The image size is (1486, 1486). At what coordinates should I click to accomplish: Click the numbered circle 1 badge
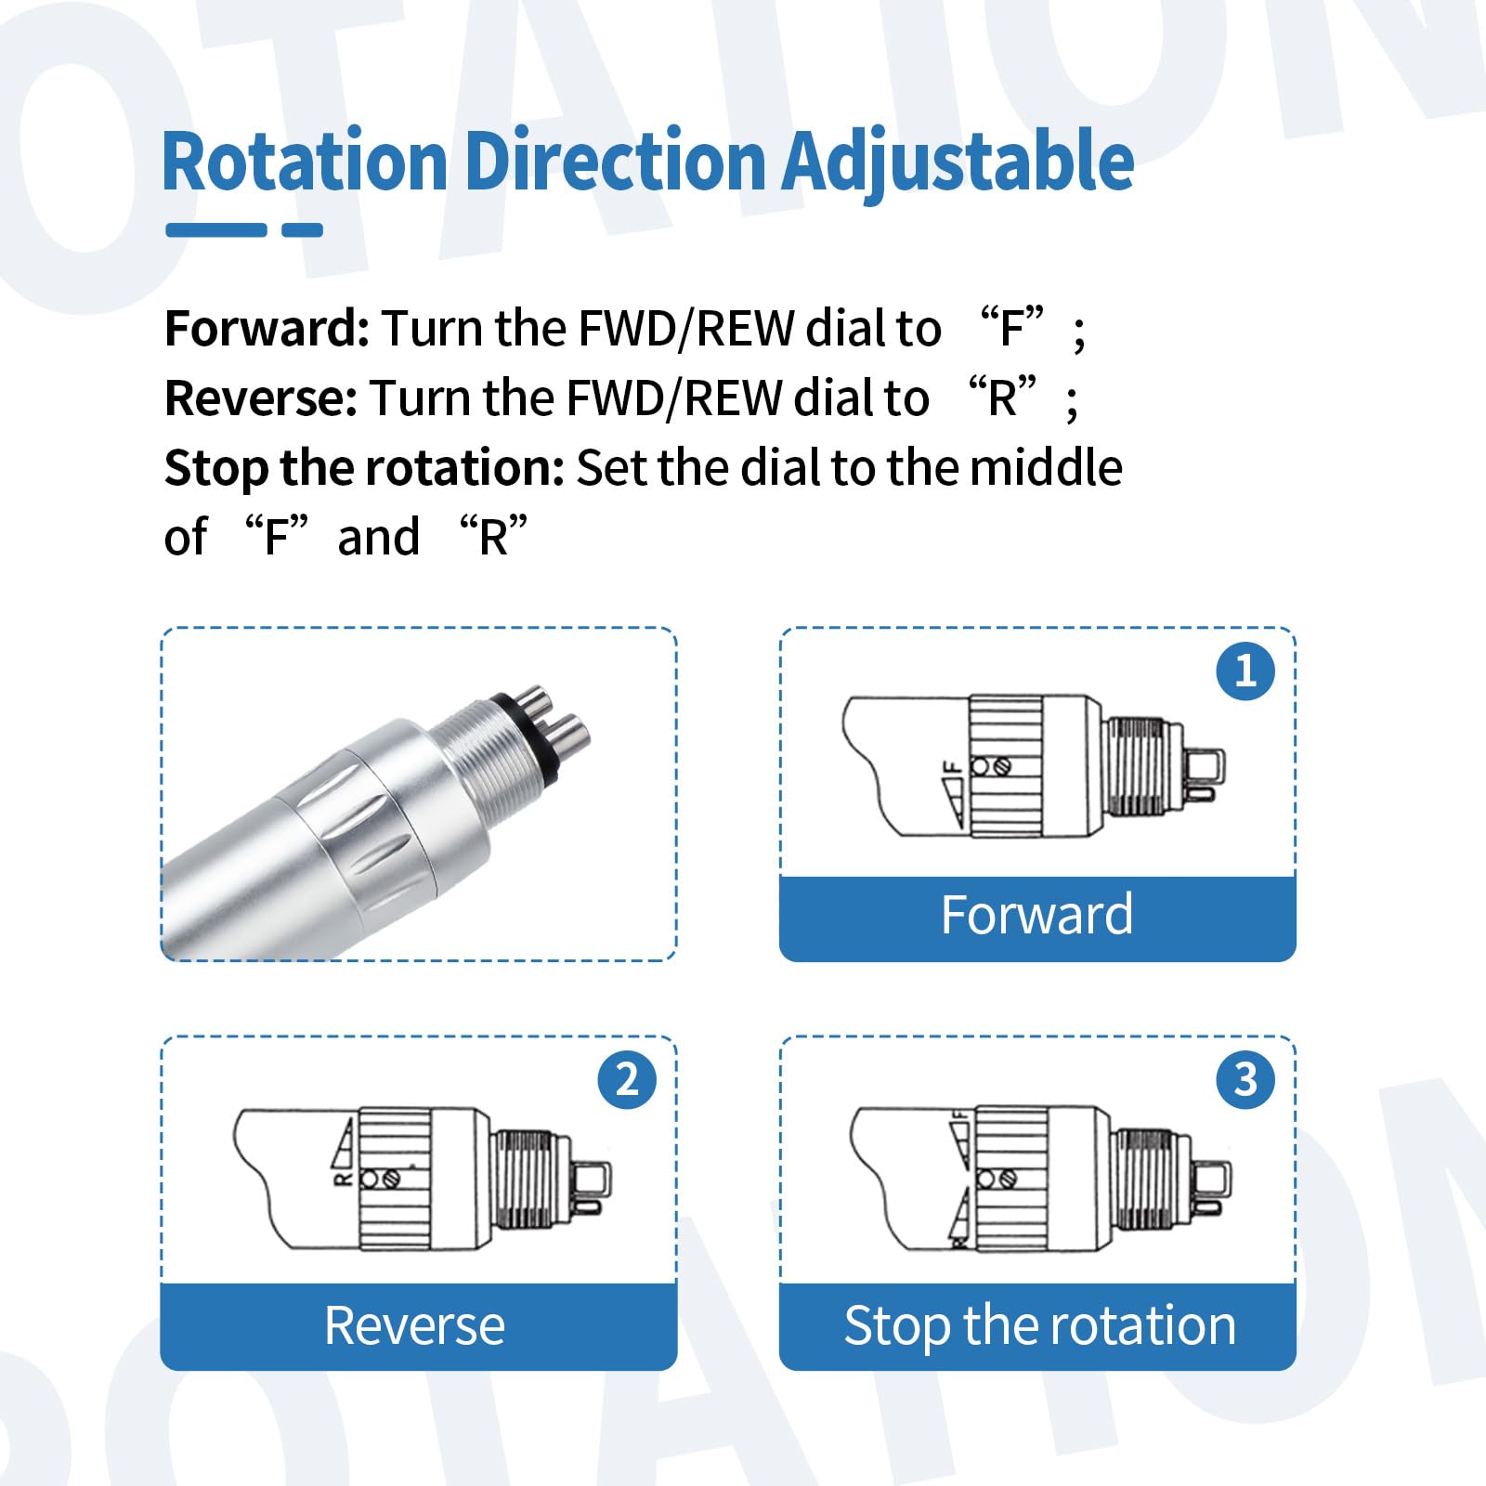click(x=1245, y=671)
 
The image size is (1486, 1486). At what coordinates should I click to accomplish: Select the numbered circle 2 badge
click(x=627, y=1079)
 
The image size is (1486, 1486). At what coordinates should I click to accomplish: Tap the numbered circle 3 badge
click(x=1245, y=1079)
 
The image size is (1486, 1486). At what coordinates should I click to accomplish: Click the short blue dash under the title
click(x=302, y=229)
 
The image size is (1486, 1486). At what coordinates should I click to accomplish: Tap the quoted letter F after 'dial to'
click(x=1013, y=328)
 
